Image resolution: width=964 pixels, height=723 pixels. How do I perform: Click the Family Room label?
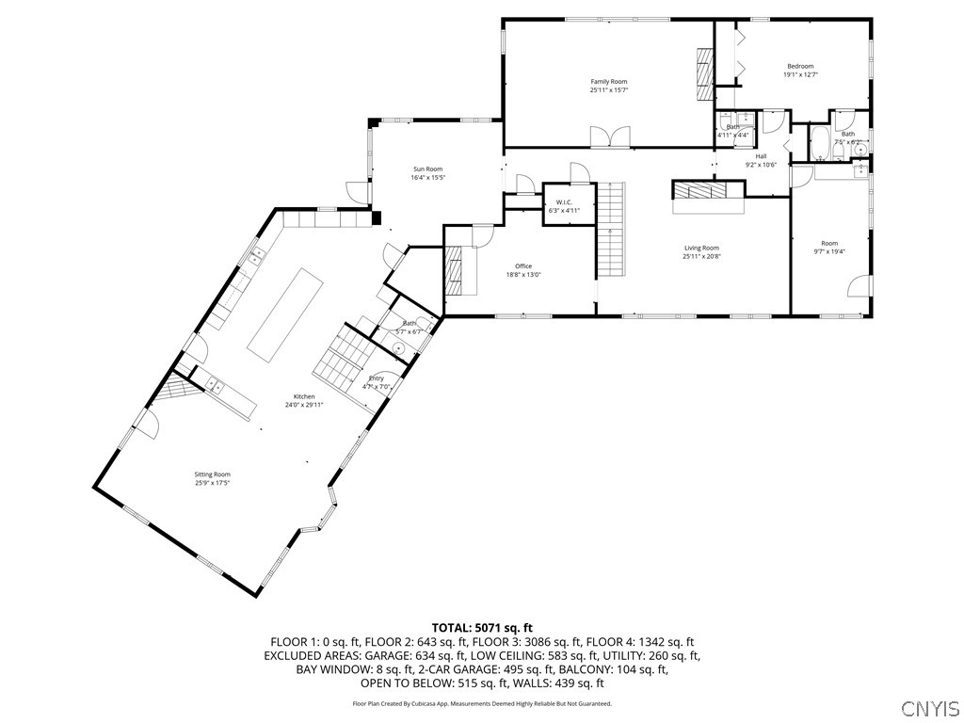point(608,82)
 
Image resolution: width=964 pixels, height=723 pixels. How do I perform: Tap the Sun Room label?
point(427,169)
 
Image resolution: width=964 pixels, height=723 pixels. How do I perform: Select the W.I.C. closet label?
point(565,202)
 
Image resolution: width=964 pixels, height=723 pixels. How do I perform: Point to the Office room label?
point(523,266)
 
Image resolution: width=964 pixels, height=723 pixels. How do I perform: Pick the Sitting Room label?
point(213,474)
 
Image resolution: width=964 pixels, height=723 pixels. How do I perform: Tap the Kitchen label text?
point(303,397)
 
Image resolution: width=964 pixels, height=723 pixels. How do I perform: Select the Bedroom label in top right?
point(800,66)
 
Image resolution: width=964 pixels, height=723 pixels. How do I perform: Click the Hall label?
point(761,156)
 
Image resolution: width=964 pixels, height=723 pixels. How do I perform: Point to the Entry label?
point(376,378)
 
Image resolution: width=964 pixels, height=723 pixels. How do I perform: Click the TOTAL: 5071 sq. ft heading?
point(482,627)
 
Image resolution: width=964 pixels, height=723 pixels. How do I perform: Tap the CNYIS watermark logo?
point(930,708)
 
